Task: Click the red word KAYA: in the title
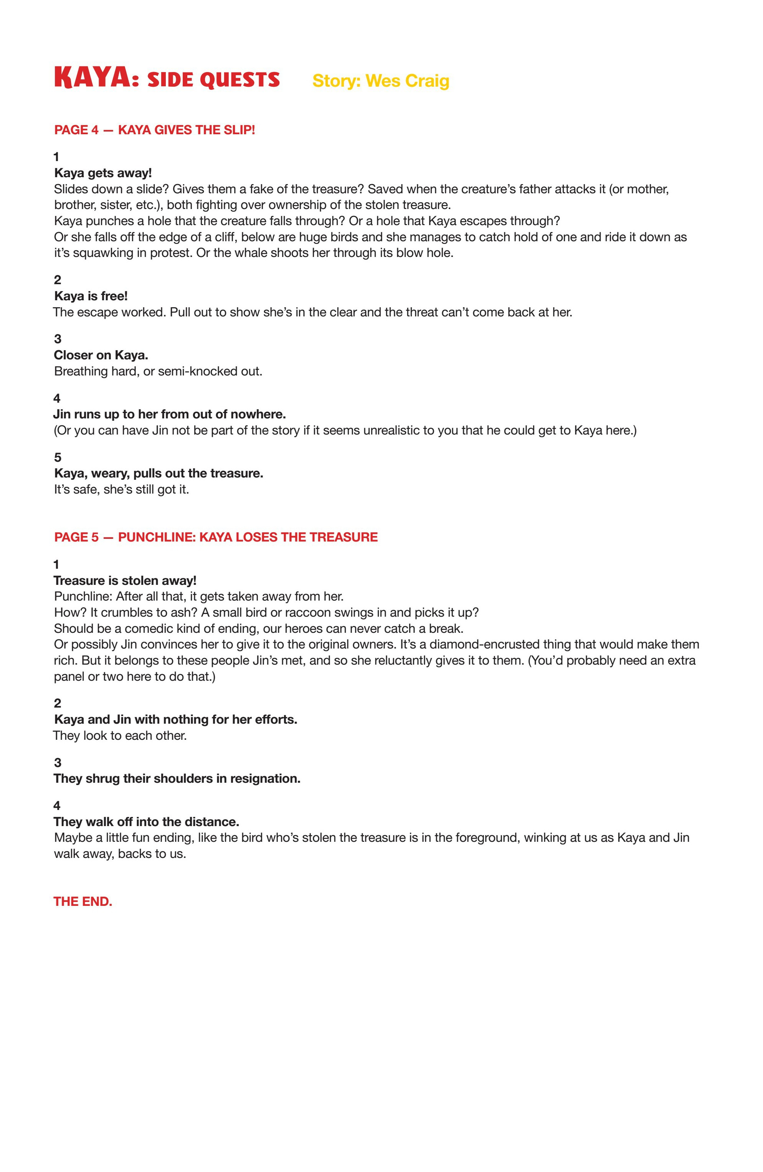pos(96,78)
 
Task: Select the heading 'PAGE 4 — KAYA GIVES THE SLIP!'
pos(154,130)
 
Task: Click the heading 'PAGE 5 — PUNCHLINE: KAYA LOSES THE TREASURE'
pos(216,537)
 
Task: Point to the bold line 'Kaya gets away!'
pos(103,173)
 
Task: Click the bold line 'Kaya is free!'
pos(91,296)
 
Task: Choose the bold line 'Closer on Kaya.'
pos(101,355)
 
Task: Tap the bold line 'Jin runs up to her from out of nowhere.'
pos(170,414)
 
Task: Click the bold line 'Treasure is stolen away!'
pos(125,581)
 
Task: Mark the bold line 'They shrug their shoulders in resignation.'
pos(177,779)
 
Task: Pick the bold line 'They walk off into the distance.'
pos(146,822)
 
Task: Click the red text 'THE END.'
pos(83,902)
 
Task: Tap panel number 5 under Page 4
pos(58,458)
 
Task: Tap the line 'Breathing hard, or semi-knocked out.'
pos(158,371)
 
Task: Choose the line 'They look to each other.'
pos(120,736)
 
